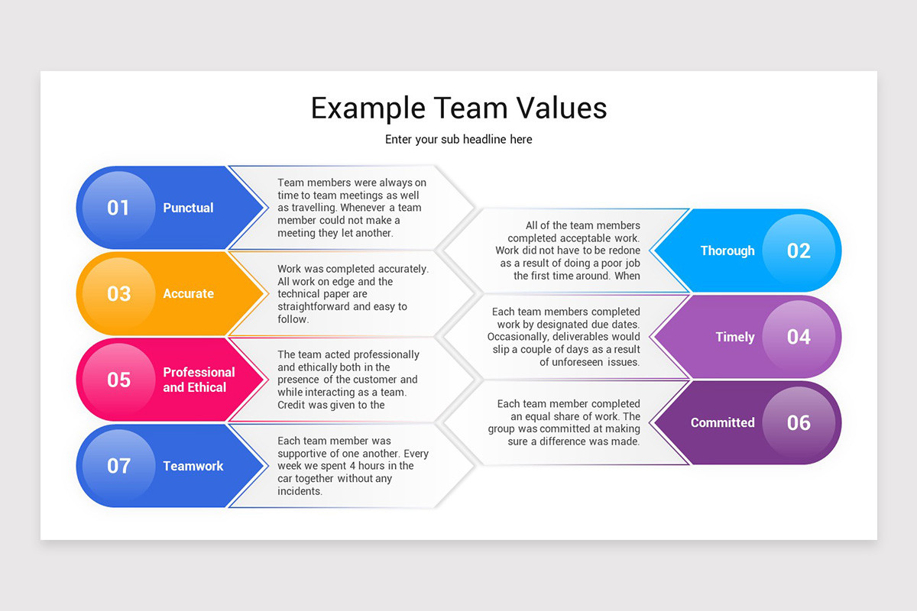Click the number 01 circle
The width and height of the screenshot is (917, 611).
[118, 208]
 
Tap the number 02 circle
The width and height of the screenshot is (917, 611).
[799, 251]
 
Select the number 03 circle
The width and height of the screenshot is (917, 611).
[118, 293]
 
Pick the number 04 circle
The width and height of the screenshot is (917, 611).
[799, 337]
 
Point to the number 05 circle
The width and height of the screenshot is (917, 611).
[118, 380]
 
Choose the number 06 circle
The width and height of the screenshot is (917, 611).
[799, 422]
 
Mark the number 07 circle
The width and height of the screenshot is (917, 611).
[118, 466]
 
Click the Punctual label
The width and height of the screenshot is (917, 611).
[188, 208]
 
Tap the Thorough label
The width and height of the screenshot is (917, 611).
[727, 251]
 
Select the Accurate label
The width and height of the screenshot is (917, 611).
[188, 293]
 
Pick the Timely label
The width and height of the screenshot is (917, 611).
[735, 337]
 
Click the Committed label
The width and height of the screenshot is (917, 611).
[722, 422]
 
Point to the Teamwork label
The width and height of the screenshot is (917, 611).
[193, 466]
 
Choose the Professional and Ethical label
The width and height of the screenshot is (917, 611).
[199, 380]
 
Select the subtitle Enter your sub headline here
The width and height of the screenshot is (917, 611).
[458, 139]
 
